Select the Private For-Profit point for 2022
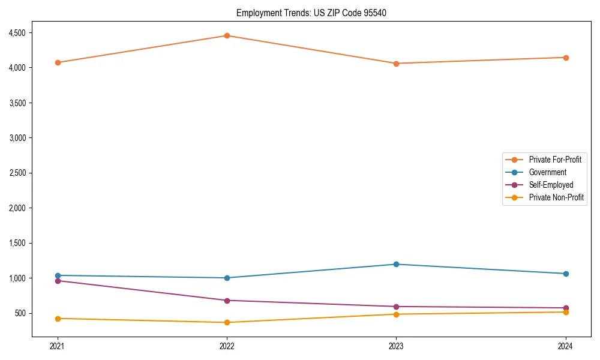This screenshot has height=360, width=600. coord(227,35)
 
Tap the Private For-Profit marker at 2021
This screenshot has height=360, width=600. coord(58,62)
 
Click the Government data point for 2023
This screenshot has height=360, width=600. coord(396,264)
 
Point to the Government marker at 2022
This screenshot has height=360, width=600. coord(227,278)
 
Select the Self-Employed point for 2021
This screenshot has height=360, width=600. coord(58,281)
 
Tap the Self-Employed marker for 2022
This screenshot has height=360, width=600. coord(227,301)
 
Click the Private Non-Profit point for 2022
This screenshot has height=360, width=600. coord(227,322)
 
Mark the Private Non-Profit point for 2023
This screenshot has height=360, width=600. coord(396,314)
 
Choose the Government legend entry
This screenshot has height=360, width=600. coord(547,172)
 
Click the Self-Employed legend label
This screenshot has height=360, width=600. coord(551,185)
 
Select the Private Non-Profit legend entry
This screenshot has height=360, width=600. coord(556,197)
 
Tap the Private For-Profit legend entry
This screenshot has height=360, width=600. coord(555,160)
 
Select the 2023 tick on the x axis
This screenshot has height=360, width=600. coord(396,346)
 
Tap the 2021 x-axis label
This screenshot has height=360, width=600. coord(58,346)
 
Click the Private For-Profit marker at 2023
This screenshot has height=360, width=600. coord(396,64)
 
